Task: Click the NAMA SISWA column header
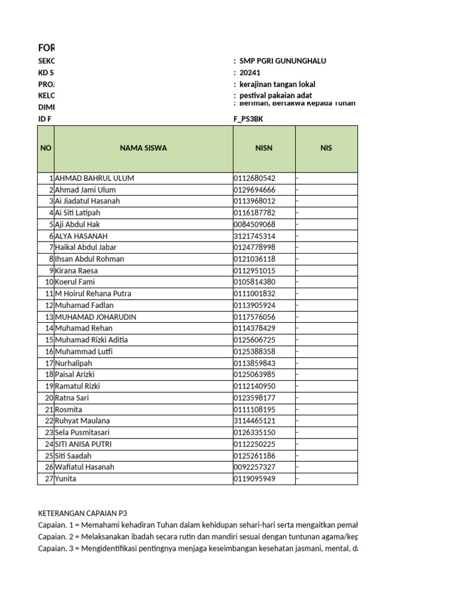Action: (x=143, y=148)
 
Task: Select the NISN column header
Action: (x=264, y=148)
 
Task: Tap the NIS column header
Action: (x=326, y=148)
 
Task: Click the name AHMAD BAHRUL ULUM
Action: (x=94, y=178)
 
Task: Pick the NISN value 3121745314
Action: (x=255, y=236)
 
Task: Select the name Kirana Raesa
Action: (x=76, y=270)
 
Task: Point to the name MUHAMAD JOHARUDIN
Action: (x=95, y=317)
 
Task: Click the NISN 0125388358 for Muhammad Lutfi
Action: (x=255, y=351)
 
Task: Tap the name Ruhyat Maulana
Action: (x=82, y=421)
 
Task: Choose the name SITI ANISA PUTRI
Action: (x=83, y=444)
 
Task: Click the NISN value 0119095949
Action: (x=255, y=479)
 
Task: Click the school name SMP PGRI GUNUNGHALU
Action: (x=283, y=61)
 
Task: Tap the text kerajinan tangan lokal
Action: (x=277, y=84)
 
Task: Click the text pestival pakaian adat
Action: (x=276, y=95)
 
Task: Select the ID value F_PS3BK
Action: (x=248, y=119)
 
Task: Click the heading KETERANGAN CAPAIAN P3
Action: (x=83, y=513)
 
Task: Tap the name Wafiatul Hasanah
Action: (x=84, y=467)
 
